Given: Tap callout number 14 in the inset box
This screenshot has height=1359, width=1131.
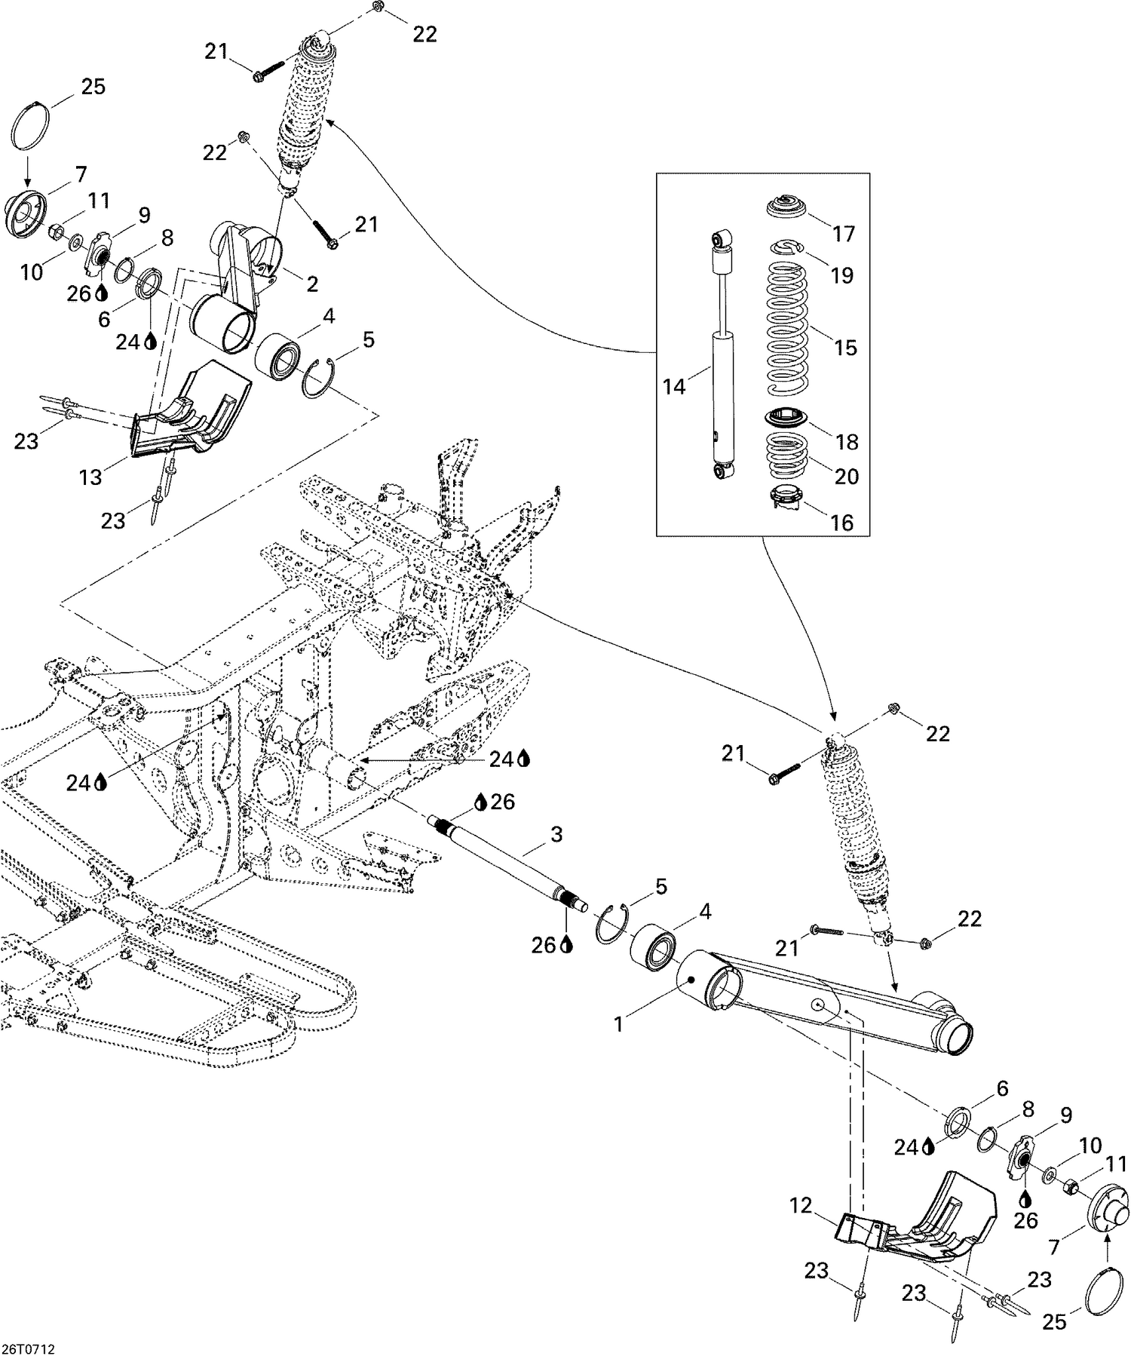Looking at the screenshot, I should point(674,387).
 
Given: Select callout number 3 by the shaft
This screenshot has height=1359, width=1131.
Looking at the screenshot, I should point(556,834).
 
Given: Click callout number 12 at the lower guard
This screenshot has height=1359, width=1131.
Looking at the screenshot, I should point(801,1206).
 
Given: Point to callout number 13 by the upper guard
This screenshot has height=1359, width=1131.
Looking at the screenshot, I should point(90,477).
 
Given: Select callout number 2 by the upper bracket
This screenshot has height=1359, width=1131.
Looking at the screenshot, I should point(312,284).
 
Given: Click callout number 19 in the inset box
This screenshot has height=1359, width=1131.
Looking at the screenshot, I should point(841,275).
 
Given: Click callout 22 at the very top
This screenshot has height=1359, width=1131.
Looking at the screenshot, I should point(425,34).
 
